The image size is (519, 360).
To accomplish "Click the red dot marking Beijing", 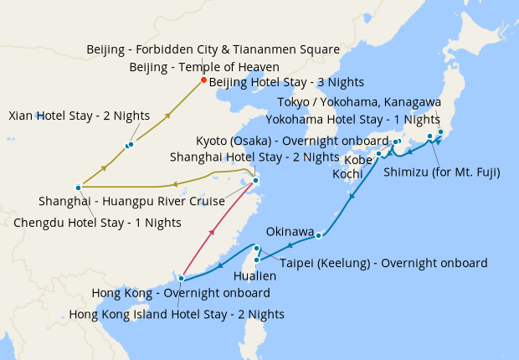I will tap(203, 80).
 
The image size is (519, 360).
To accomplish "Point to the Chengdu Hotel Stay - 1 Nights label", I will tap(97, 223).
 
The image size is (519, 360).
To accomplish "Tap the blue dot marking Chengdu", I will tap(78, 187).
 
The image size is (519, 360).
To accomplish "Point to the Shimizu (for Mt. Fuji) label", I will tap(441, 173).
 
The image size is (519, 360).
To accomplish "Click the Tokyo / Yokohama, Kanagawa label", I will tap(359, 102).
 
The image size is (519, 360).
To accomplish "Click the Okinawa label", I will tap(290, 231).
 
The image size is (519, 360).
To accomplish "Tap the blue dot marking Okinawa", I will tap(319, 235).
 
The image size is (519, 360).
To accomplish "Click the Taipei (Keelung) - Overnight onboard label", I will tap(383, 263).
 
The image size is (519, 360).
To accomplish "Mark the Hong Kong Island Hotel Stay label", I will tap(177, 314).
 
